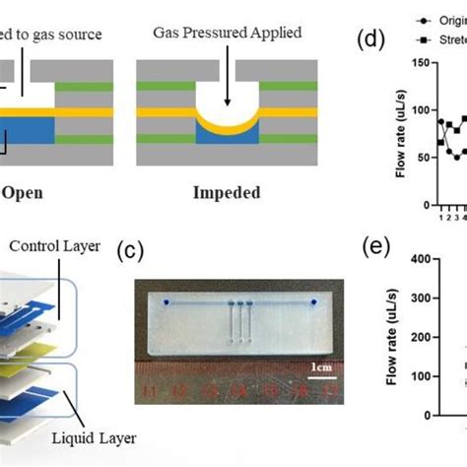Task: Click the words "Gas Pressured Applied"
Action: click(x=227, y=33)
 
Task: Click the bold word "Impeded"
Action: click(x=227, y=193)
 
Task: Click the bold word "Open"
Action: click(x=21, y=193)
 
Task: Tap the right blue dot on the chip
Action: click(x=313, y=301)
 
